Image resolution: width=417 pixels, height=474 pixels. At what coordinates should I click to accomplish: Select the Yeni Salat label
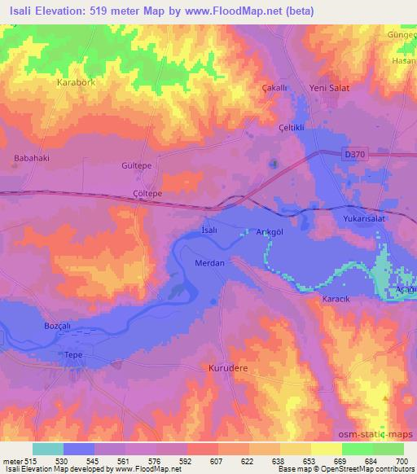(330, 89)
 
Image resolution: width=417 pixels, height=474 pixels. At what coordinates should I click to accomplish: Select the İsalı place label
(210, 231)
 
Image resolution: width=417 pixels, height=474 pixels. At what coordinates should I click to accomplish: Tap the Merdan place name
(210, 263)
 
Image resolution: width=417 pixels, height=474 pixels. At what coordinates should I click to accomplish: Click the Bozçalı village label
(59, 326)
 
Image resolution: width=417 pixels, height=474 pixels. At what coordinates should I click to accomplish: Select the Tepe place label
(74, 355)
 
